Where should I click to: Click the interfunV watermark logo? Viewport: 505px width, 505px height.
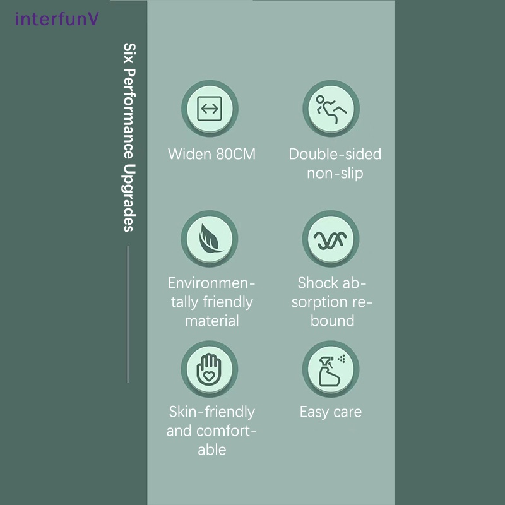pyautogui.click(x=57, y=19)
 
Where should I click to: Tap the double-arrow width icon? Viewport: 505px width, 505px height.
pyautogui.click(x=210, y=109)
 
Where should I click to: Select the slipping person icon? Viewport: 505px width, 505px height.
pyautogui.click(x=331, y=109)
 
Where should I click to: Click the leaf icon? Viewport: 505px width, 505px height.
pyautogui.click(x=210, y=239)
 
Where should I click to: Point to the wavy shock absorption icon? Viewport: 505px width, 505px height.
pyautogui.click(x=330, y=241)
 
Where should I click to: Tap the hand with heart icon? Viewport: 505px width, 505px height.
pyautogui.click(x=209, y=369)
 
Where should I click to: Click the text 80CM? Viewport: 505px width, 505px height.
pyautogui.click(x=235, y=154)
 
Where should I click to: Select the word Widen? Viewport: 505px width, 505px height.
pyautogui.click(x=189, y=154)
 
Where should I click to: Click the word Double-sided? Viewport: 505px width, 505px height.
pyautogui.click(x=335, y=154)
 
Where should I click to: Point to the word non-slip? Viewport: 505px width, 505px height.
pyautogui.click(x=335, y=173)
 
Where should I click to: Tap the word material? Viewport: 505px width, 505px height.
pyautogui.click(x=212, y=321)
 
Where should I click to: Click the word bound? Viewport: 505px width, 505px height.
pyautogui.click(x=333, y=321)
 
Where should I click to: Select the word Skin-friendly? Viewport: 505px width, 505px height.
pyautogui.click(x=212, y=412)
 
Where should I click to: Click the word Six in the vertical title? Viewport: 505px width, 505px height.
pyautogui.click(x=129, y=53)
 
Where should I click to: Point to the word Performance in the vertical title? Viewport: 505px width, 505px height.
pyautogui.click(x=129, y=114)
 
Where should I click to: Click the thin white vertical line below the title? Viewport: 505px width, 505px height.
pyautogui.click(x=128, y=314)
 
